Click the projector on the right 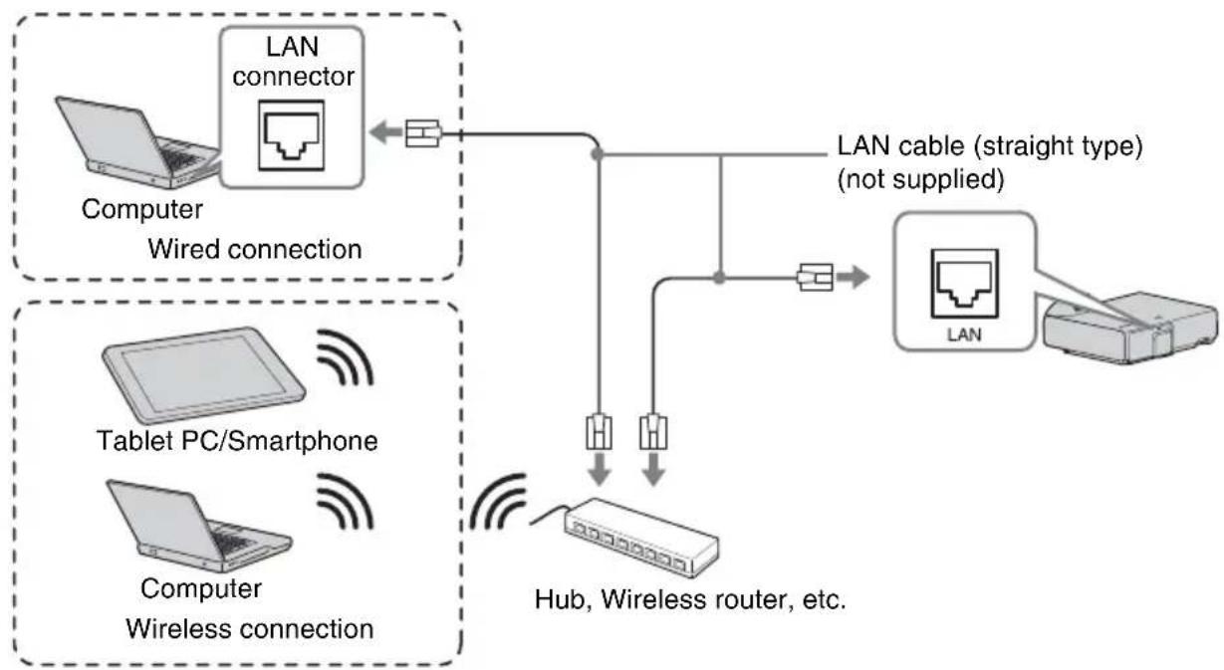(1130, 327)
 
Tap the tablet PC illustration (204, 375)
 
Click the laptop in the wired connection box (136, 143)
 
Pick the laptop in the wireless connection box (199, 526)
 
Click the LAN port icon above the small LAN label (964, 284)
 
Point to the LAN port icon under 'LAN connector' (291, 135)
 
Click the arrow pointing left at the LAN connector (385, 132)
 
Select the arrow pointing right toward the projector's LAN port (853, 277)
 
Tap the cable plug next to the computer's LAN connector (423, 133)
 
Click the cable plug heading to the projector (816, 278)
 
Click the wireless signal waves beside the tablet (346, 357)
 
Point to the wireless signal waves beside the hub (498, 502)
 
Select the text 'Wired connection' (255, 250)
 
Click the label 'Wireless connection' (250, 629)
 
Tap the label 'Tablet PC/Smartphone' (237, 441)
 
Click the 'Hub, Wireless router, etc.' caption (690, 599)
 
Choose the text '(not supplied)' (920, 179)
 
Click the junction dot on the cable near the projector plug (719, 278)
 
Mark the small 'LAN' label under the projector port (964, 335)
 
